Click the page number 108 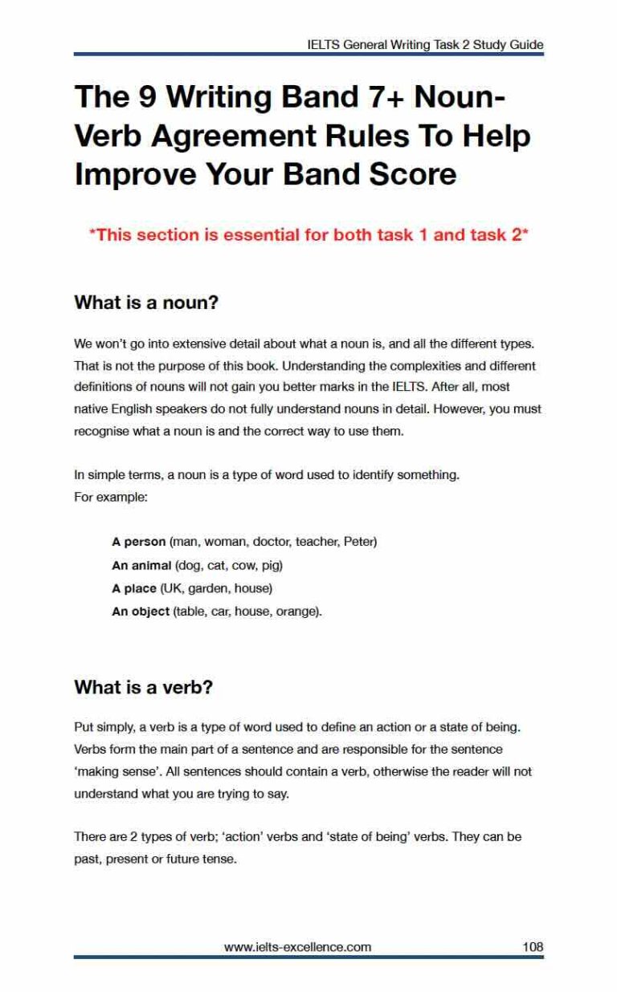[x=533, y=946]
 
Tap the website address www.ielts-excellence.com [x=297, y=946]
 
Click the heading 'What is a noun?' [x=146, y=303]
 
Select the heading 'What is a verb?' [x=143, y=688]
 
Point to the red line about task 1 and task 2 [x=308, y=235]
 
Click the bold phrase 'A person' [x=138, y=542]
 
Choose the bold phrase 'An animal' [x=141, y=565]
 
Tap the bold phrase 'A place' [x=134, y=588]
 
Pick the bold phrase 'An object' [x=141, y=612]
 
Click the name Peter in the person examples [x=358, y=542]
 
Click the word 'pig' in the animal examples [x=272, y=565]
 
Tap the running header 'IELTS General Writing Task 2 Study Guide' [x=425, y=45]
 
